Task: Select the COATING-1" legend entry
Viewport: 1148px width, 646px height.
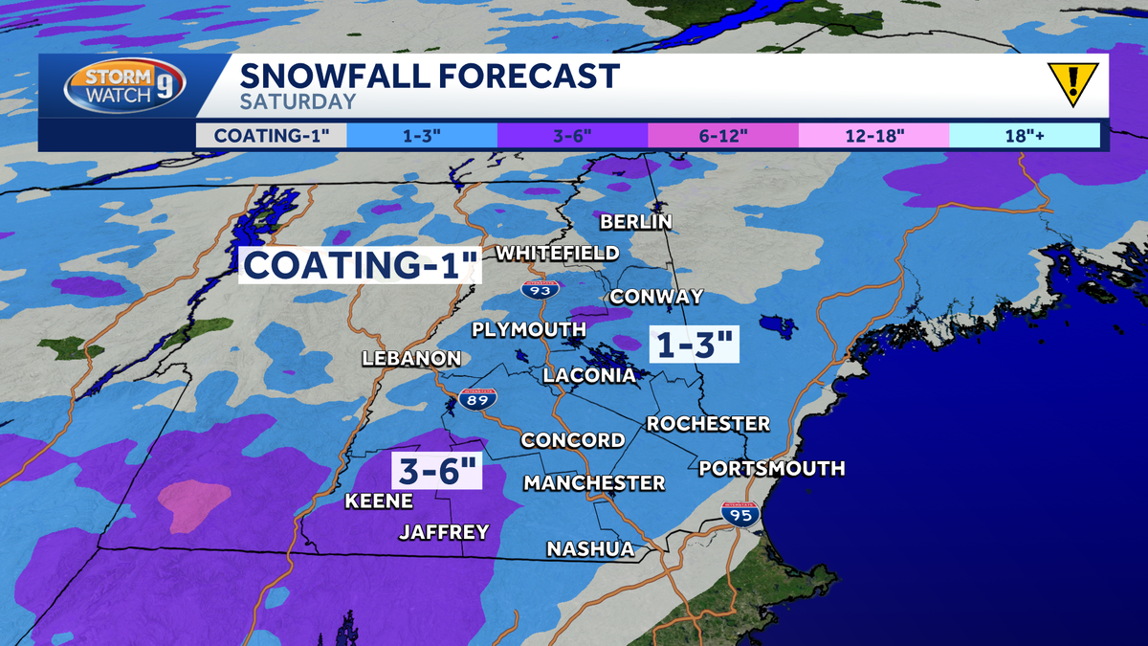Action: point(272,135)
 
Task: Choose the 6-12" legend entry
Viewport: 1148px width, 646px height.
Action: point(723,135)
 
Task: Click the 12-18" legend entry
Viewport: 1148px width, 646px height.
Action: point(873,135)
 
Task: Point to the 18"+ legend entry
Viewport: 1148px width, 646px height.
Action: point(1024,135)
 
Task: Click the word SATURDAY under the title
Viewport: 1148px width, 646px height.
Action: point(298,101)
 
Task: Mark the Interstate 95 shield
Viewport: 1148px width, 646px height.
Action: point(740,515)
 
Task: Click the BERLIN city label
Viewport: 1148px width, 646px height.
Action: point(636,222)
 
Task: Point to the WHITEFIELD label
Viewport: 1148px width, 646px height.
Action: point(557,253)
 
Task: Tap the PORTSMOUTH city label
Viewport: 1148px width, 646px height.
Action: point(772,468)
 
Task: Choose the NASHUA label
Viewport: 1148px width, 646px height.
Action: point(590,549)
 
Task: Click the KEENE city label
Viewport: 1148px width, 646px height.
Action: point(379,501)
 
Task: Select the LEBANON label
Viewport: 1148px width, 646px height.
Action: point(411,359)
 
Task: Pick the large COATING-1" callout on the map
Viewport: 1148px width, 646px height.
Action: point(359,265)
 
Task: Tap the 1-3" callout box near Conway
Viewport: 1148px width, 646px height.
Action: point(695,344)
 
